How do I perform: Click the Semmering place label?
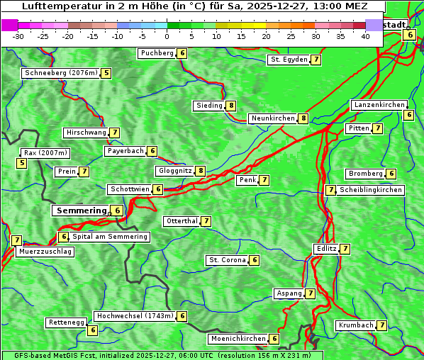(81, 210)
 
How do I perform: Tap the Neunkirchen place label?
(272, 118)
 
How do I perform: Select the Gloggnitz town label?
(174, 171)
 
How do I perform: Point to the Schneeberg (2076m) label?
(60, 73)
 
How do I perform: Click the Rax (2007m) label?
(45, 152)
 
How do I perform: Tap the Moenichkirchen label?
(238, 339)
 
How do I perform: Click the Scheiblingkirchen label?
(370, 190)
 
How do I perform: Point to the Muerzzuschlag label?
(45, 252)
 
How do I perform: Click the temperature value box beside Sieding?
(231, 106)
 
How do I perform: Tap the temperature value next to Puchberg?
(182, 53)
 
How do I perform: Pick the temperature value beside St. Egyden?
(316, 60)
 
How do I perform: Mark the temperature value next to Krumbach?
(382, 325)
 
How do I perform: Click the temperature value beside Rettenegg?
(92, 330)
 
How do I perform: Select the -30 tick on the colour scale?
(18, 36)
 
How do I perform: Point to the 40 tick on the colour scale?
(365, 36)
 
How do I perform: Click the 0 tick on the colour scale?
(167, 36)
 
